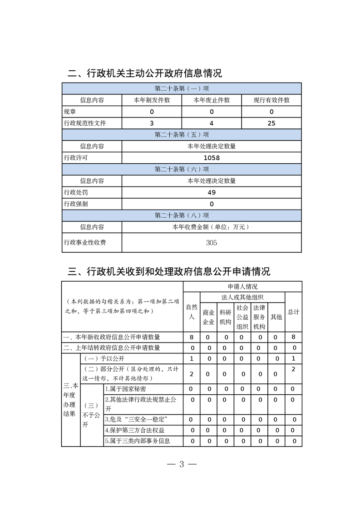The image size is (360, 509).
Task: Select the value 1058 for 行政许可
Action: click(x=212, y=158)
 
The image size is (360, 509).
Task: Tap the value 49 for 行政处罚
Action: click(x=212, y=192)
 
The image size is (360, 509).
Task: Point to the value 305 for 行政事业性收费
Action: click(x=212, y=243)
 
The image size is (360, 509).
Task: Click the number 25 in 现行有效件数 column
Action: click(x=271, y=123)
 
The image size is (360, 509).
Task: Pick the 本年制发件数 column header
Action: click(x=152, y=100)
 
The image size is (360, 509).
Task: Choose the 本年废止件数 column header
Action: click(x=212, y=100)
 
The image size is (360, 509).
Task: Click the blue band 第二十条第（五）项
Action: click(x=182, y=135)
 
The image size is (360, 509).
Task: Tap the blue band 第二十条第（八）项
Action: click(x=182, y=215)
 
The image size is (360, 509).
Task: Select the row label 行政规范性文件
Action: click(x=85, y=123)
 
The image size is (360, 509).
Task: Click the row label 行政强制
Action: click(x=76, y=204)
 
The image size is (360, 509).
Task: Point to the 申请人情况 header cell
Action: click(x=242, y=287)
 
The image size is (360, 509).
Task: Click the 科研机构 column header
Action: click(x=225, y=317)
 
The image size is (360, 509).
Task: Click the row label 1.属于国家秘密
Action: click(x=126, y=389)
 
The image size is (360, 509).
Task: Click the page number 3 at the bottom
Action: click(x=181, y=464)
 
